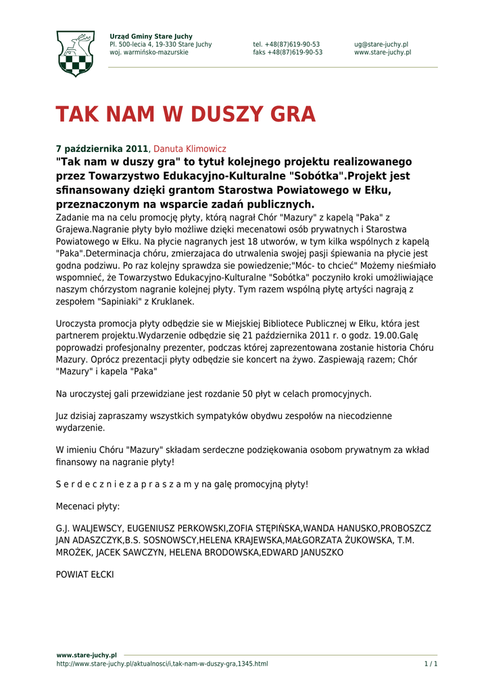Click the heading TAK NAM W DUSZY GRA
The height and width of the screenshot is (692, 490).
point(185,115)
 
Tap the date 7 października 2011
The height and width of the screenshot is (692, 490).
point(101,149)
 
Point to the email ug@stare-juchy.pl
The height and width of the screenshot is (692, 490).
point(381,45)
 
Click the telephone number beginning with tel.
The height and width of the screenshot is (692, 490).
point(287,45)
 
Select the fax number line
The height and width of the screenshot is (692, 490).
point(288,53)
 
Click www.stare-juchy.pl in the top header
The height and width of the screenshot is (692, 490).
point(383,53)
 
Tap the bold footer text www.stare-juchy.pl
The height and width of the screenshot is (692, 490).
point(87,655)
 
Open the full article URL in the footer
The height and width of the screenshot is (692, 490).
point(162,664)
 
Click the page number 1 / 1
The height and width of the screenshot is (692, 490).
point(431,664)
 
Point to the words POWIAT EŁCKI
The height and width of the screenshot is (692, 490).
point(84,574)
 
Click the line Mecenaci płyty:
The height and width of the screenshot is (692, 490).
point(88,506)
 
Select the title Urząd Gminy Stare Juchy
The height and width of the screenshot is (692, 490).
point(151,36)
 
